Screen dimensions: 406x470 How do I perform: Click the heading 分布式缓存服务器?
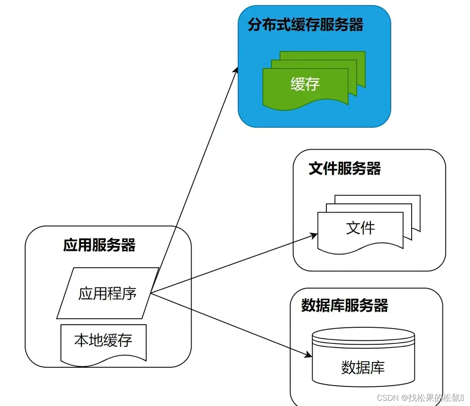[x=305, y=25]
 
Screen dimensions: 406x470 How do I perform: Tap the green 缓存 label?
[x=305, y=84]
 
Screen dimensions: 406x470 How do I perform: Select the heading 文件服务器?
[x=344, y=169]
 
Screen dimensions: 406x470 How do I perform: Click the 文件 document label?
[x=360, y=228]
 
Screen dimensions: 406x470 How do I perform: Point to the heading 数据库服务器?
[x=344, y=306]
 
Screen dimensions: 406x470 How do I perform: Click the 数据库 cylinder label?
[x=363, y=368]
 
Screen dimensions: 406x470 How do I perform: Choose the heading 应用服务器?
[x=99, y=246]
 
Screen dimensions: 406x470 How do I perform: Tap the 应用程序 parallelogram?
[x=107, y=294]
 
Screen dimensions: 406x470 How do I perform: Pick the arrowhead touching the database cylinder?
[x=309, y=355]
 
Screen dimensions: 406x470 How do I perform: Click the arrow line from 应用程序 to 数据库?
[x=231, y=325]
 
